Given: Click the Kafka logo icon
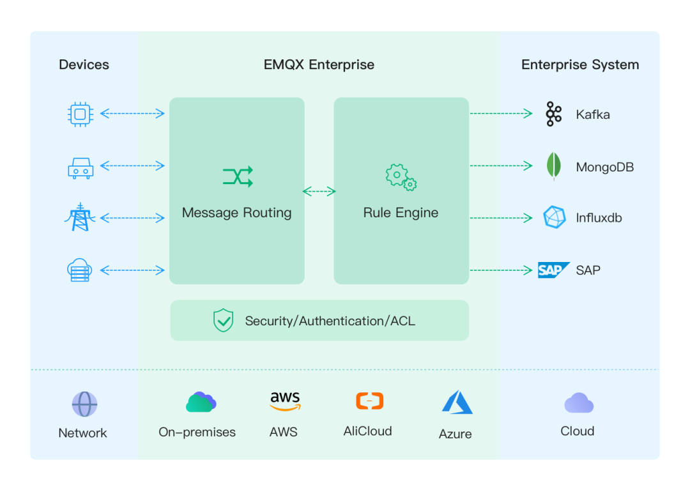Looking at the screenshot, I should pyautogui.click(x=553, y=114).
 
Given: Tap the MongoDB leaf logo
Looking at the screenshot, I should pyautogui.click(x=553, y=167).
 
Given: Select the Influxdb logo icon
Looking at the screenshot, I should pyautogui.click(x=554, y=217).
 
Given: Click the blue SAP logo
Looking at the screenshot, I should pyautogui.click(x=553, y=270).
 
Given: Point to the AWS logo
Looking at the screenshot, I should pyautogui.click(x=284, y=401).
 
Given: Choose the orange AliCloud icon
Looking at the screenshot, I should pyautogui.click(x=369, y=401).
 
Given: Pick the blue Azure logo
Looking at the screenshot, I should pyautogui.click(x=457, y=403).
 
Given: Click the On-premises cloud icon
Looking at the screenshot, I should pyautogui.click(x=201, y=402).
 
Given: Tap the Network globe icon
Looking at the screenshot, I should pyautogui.click(x=84, y=404).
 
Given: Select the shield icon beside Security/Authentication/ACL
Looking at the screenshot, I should pyautogui.click(x=223, y=320).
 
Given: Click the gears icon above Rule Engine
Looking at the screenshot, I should pyautogui.click(x=401, y=177).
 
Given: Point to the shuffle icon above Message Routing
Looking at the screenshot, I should pyautogui.click(x=238, y=176).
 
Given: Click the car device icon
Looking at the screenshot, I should pyautogui.click(x=80, y=168).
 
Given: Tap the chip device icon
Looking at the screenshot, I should pyautogui.click(x=80, y=114).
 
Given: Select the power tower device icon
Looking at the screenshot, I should pyautogui.click(x=80, y=217).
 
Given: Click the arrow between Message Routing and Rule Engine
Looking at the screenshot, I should pyautogui.click(x=319, y=191).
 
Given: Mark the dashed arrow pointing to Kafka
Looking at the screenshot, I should pyautogui.click(x=501, y=114).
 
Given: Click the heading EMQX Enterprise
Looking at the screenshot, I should pyautogui.click(x=319, y=65).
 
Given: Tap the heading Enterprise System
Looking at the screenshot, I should pyautogui.click(x=579, y=65).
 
